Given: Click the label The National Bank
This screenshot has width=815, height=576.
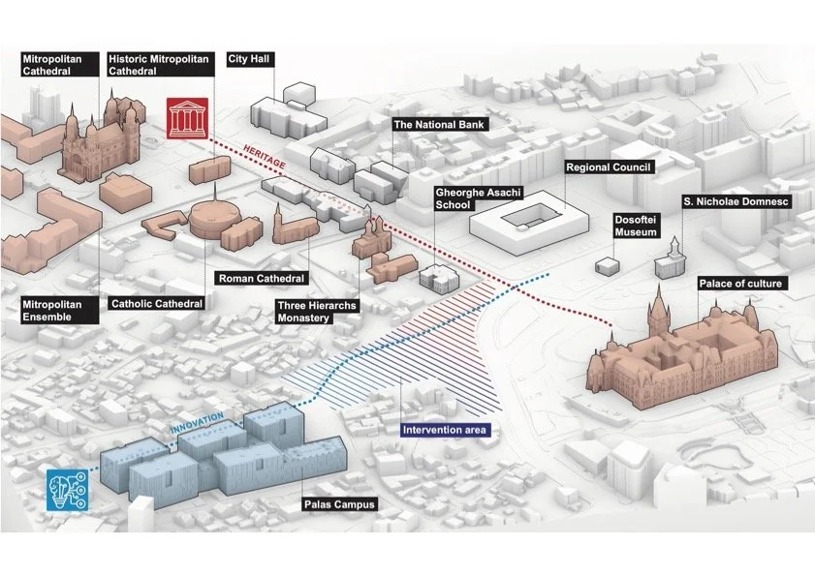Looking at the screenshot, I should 437,125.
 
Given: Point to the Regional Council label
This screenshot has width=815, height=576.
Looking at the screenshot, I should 609,167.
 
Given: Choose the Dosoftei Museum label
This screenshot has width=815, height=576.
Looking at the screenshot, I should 636,226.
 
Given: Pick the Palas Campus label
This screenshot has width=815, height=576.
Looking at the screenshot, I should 339,504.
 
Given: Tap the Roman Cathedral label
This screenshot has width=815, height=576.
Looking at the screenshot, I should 260,279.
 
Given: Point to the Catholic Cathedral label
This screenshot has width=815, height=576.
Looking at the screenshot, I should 156,304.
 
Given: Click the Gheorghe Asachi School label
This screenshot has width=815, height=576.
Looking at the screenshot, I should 466,198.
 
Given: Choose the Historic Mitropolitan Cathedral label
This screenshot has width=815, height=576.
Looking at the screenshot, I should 158,65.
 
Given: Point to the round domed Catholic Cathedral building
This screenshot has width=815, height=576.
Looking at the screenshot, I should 207,220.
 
